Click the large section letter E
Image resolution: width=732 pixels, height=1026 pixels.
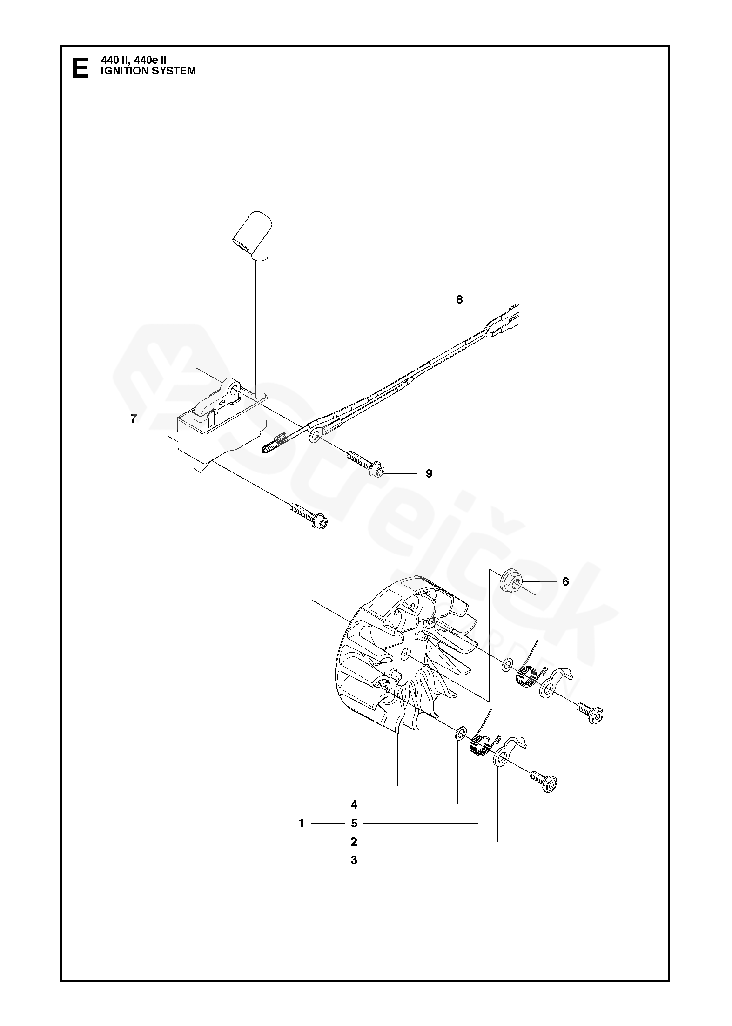pos(81,68)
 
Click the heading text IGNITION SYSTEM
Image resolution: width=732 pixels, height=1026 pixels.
pos(148,71)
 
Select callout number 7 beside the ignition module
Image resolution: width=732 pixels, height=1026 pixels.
pos(134,419)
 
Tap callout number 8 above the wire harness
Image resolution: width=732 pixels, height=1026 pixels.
pos(459,300)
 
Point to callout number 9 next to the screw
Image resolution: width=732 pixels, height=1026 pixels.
pos(429,473)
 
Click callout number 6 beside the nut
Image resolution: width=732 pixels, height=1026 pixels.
pos(565,581)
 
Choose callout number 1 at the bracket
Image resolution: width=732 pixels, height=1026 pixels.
pos(302,823)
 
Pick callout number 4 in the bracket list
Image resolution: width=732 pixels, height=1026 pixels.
pos(354,804)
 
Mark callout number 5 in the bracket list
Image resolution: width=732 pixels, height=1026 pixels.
pos(354,823)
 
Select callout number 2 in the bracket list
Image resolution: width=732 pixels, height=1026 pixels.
pos(354,842)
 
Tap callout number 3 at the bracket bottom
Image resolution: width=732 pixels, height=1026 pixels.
pos(354,860)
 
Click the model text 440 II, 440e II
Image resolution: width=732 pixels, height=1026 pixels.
pos(134,60)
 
